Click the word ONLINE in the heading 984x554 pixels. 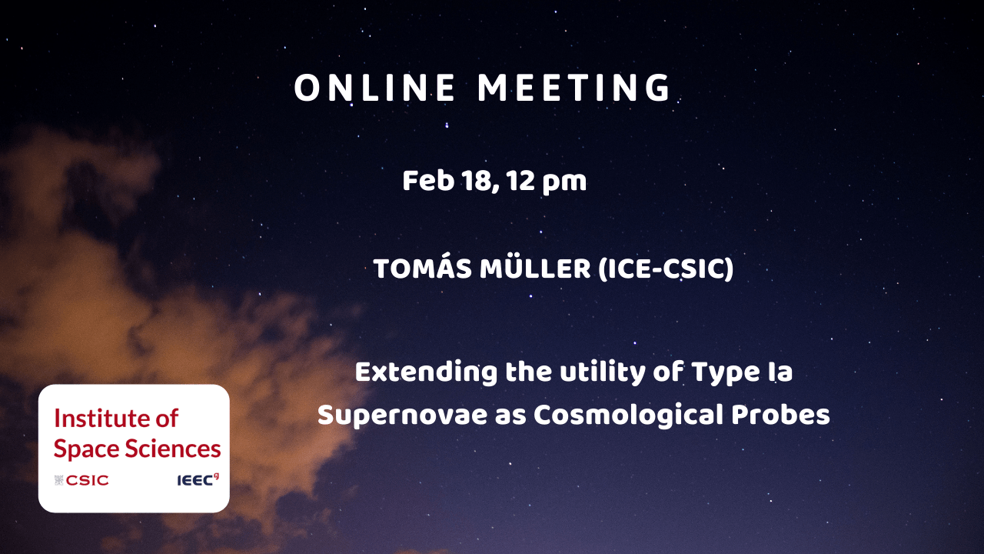click(x=374, y=88)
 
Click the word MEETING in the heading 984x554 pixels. click(x=573, y=88)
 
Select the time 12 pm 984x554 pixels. click(x=546, y=182)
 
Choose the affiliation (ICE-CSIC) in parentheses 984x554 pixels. click(x=666, y=269)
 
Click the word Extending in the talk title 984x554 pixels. click(x=426, y=373)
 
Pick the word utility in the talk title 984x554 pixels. click(x=602, y=373)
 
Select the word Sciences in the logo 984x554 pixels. click(x=173, y=449)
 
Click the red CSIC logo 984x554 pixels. click(x=81, y=480)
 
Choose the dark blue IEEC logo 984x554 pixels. click(x=198, y=479)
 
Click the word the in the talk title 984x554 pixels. click(x=528, y=372)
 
